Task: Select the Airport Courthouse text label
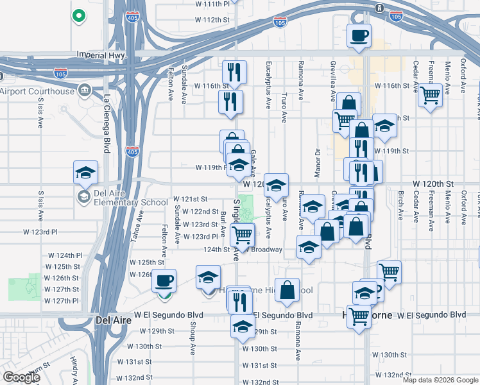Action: tap(37, 91)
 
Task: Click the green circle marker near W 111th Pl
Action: tap(79, 15)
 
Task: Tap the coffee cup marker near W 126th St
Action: tap(165, 280)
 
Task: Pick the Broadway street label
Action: tap(270, 250)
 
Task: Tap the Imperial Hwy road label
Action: tap(101, 56)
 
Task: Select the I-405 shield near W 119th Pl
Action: tap(132, 152)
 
